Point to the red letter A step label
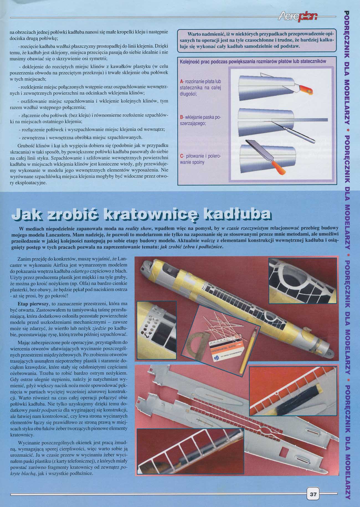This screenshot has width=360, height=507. click(181, 82)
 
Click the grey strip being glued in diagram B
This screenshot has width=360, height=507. click(299, 120)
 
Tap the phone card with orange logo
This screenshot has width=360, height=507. click(227, 349)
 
